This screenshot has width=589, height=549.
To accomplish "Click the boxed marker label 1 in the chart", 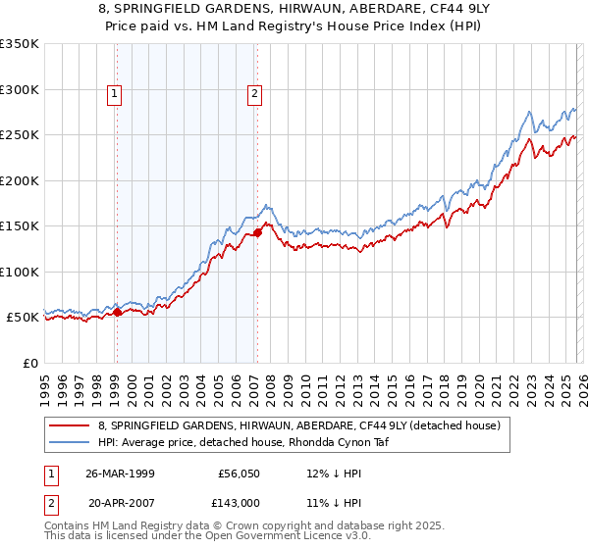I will point(116,94).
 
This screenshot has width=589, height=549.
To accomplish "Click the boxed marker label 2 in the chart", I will point(254,94).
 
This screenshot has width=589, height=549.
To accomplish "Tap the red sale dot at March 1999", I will point(117,312).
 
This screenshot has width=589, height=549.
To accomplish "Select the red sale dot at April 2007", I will point(257,232).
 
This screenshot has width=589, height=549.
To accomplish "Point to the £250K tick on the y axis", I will point(20,135).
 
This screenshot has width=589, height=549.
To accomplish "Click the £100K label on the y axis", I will point(20,272).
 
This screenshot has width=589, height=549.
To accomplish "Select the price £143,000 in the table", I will point(239,503).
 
